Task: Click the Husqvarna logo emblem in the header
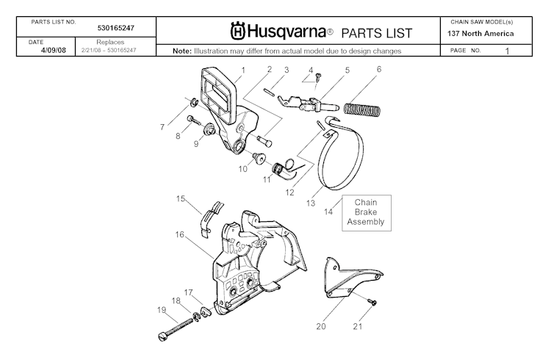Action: [x=237, y=32]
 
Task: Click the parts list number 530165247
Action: [x=120, y=28]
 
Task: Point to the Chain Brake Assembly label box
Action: [x=365, y=212]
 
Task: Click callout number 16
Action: [x=179, y=235]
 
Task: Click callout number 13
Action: [x=311, y=203]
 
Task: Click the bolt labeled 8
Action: [x=193, y=118]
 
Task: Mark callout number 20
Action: [x=320, y=326]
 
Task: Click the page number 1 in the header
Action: [x=507, y=51]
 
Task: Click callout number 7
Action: [x=162, y=127]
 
